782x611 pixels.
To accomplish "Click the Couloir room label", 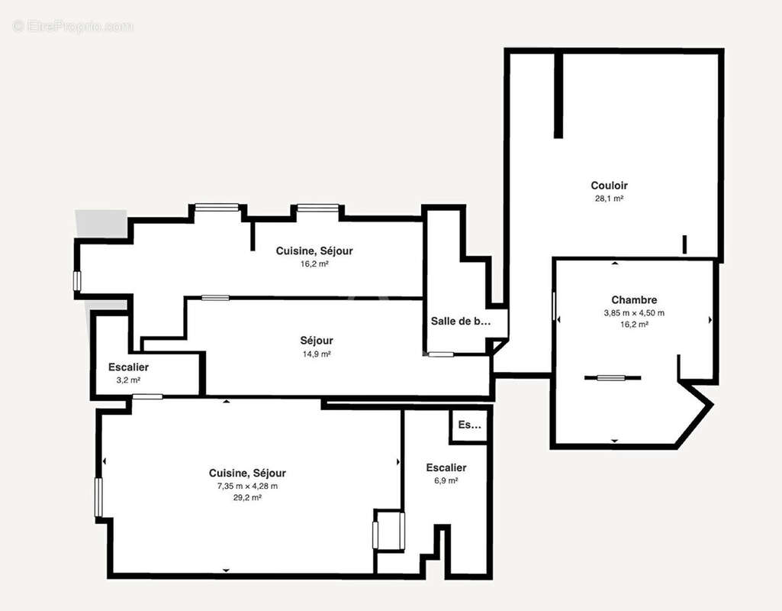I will (x=609, y=186).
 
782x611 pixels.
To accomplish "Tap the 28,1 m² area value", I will (x=609, y=199).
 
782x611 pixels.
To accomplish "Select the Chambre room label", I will (x=633, y=300).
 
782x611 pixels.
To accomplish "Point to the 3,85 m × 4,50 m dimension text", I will (x=633, y=313).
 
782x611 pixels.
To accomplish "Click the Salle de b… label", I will (x=460, y=322).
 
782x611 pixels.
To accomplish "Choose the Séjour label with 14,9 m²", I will (x=316, y=341).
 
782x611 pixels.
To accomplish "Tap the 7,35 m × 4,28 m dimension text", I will (x=247, y=486).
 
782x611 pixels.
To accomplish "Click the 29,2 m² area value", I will (x=247, y=497).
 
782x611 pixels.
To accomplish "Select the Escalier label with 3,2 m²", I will (x=128, y=367).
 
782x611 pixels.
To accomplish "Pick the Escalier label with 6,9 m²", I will (x=446, y=467).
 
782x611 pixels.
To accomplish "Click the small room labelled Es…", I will (x=469, y=425).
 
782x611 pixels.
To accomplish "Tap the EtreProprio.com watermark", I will (x=72, y=27).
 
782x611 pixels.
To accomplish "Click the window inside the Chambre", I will (x=612, y=377).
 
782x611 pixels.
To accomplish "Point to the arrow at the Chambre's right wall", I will (x=710, y=319).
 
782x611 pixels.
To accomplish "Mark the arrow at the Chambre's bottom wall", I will (x=615, y=441).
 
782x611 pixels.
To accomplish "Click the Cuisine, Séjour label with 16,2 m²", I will (x=314, y=251).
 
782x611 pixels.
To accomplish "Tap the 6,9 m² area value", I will (x=446, y=480).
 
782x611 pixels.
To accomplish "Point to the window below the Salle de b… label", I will (x=440, y=354).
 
